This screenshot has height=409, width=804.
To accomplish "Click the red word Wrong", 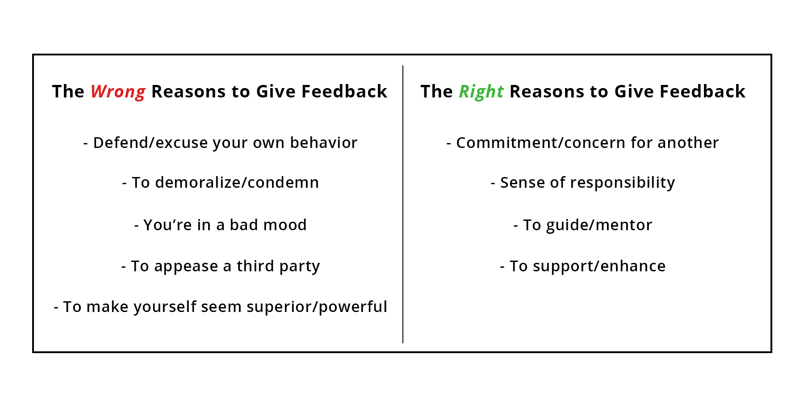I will point(118,92).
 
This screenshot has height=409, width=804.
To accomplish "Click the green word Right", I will point(481,92).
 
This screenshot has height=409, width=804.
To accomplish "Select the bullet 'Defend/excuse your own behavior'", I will point(220,143).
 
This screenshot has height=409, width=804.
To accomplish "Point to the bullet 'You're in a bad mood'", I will point(220,225).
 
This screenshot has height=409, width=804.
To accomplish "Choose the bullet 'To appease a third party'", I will point(220,266).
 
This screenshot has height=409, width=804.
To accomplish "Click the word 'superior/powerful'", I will point(317,307).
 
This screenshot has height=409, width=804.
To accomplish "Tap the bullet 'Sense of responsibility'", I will point(582,183).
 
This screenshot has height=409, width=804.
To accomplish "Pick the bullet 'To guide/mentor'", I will point(582,225).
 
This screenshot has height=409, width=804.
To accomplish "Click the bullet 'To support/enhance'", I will point(582,266).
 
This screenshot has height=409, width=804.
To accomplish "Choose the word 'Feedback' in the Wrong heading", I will point(344,92).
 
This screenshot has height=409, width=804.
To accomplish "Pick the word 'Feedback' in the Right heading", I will point(702,92).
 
